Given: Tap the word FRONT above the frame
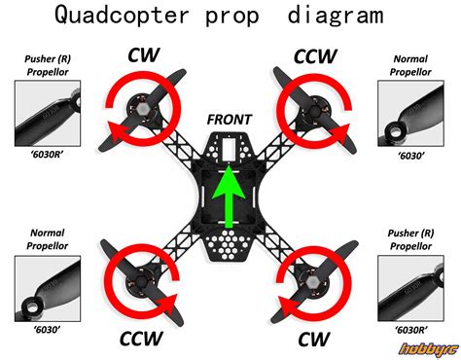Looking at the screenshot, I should (x=230, y=120).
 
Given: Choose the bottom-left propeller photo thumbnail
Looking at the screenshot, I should (x=47, y=289).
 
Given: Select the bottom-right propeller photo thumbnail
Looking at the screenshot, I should (x=415, y=289).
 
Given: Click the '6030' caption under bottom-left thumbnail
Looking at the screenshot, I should (x=47, y=329).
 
